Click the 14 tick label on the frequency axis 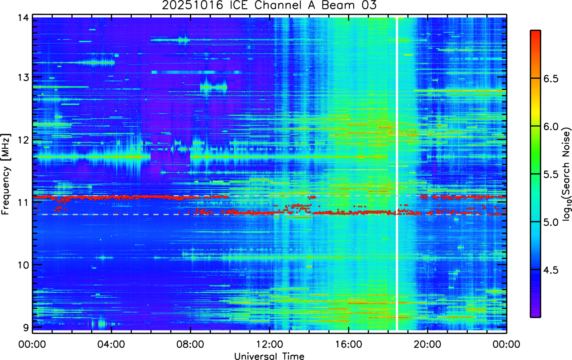tap(23, 18)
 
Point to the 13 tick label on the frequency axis tap(23, 77)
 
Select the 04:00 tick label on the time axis tap(111, 344)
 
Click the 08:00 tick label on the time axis tap(190, 344)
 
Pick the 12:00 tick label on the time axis tap(270, 344)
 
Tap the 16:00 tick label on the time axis tap(349, 344)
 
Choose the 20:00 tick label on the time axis tap(427, 344)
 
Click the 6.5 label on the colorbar tap(550, 79)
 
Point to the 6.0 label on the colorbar tap(550, 126)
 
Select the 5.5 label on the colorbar tap(550, 175)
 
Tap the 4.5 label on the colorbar tap(550, 270)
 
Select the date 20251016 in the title tap(192, 5)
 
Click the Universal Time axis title tap(269, 356)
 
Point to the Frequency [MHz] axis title tap(6, 174)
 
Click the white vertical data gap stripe tap(397, 174)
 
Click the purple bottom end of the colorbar tap(535, 316)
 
